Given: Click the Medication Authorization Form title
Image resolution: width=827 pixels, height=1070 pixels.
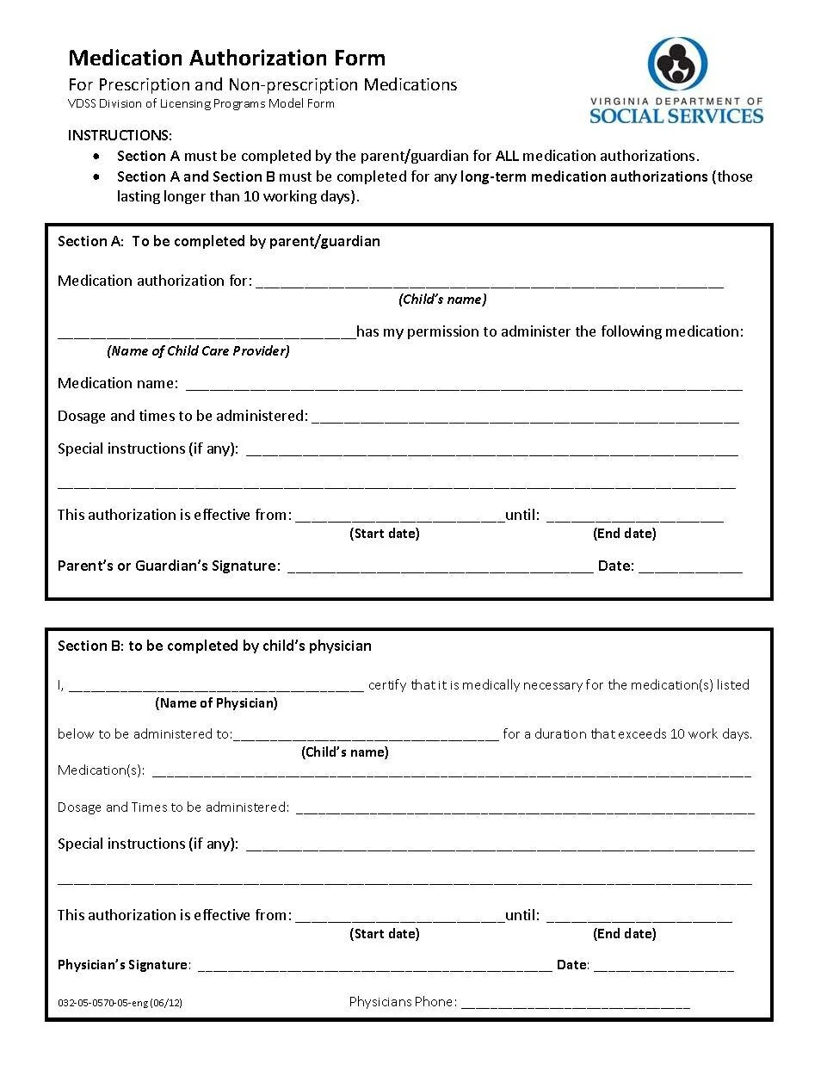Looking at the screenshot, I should (226, 58).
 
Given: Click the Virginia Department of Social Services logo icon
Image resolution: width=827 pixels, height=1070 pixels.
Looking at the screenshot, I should (677, 63).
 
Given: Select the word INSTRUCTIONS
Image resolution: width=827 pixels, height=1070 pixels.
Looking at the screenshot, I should (120, 135).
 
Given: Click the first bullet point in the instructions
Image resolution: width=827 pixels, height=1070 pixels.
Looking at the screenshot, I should (102, 157).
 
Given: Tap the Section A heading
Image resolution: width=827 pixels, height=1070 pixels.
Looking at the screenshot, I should (219, 241).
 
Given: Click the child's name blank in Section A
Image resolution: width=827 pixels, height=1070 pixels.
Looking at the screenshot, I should (489, 282).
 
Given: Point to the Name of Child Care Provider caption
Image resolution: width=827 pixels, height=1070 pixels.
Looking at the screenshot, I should (198, 350).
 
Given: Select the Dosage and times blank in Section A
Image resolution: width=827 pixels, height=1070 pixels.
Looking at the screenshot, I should (525, 418).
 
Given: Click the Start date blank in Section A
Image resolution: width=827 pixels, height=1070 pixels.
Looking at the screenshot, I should (399, 517).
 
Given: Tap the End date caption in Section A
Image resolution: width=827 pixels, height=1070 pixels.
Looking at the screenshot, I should (624, 534).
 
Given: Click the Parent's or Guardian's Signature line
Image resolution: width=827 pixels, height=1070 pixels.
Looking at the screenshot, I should (440, 568).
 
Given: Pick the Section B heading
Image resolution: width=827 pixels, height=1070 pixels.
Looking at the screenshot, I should (214, 646).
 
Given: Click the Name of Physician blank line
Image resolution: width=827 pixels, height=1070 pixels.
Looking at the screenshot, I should (216, 688).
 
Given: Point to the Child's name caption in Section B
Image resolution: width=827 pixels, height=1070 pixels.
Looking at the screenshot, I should (344, 752).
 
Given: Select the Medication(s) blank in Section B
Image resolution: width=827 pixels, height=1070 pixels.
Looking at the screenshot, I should (451, 773).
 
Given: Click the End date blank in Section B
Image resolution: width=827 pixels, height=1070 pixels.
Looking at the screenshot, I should (639, 918).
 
